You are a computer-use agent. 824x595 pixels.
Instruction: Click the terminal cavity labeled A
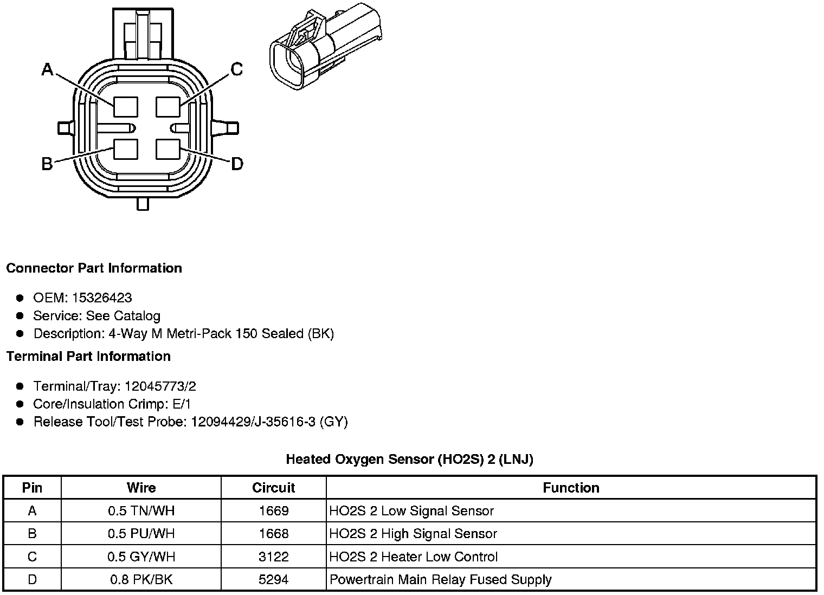pos(125,106)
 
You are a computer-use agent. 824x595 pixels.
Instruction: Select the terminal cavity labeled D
pos(168,149)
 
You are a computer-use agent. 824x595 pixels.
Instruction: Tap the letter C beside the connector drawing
pos(237,69)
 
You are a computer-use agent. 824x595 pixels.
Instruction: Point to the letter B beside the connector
pos(47,164)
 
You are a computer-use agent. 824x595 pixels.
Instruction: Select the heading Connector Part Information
pos(94,268)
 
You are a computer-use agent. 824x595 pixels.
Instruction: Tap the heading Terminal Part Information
pos(88,357)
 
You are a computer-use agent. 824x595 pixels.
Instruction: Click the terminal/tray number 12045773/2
pos(160,386)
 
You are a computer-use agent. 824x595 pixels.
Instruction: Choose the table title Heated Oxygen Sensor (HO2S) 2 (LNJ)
pos(409,460)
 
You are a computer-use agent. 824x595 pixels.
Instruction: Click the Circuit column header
pos(273,488)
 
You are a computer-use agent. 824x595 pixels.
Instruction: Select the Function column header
pos(571,488)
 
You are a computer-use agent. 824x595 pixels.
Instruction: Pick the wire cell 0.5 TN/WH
pos(141,511)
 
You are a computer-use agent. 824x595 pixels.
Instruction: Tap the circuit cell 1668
pos(273,534)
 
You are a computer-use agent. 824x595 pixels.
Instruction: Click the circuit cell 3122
pos(273,557)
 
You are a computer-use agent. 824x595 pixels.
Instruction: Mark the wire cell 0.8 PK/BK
pos(141,580)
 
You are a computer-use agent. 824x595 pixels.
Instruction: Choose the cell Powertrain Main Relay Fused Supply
pos(440,580)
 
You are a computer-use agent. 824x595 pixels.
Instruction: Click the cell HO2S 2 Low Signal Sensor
pos(411,511)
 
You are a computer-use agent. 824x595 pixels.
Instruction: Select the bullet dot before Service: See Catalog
pos(21,316)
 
